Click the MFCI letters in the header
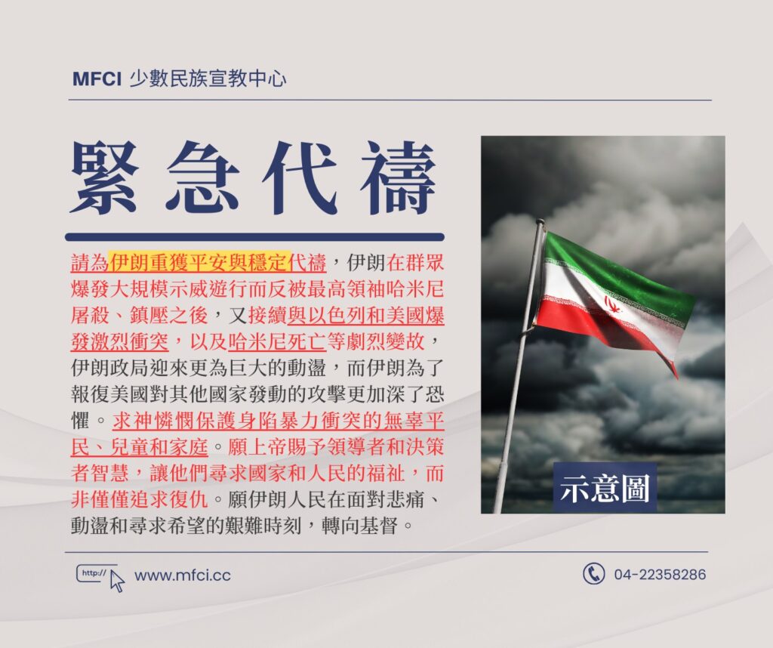click(97, 79)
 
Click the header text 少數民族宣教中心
click(208, 79)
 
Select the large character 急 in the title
click(202, 177)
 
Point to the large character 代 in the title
click(298, 177)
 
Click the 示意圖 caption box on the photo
click(605, 489)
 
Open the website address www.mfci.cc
click(183, 575)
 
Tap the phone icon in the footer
click(593, 574)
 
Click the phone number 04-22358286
click(660, 575)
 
